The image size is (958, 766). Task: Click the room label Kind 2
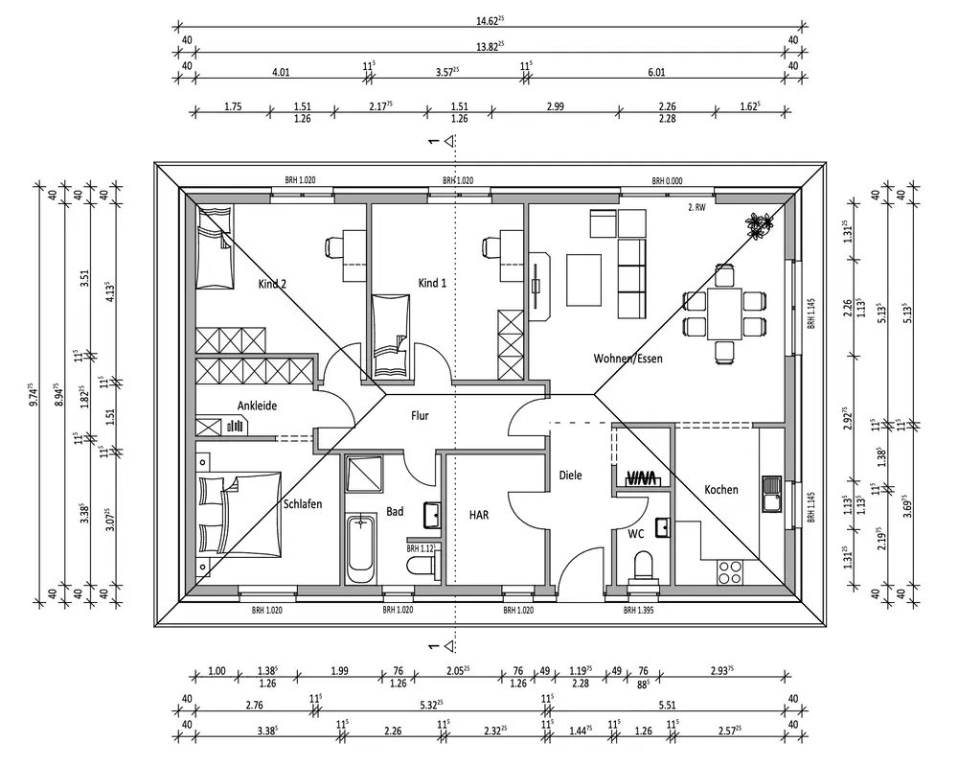coord(273,284)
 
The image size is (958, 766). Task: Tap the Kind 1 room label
coord(432,283)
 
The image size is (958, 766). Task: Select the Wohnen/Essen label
coord(628,359)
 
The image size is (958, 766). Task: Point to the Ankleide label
coord(257,406)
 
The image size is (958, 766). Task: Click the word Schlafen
coord(302,503)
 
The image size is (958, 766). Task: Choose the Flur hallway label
coord(420,415)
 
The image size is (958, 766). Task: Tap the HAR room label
coord(479,515)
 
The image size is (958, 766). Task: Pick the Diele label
coord(571,475)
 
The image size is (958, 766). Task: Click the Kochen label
coord(721,490)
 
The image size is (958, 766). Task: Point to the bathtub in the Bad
coord(361,547)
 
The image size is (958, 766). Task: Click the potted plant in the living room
coord(758,225)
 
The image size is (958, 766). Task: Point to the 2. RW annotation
coord(696,206)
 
